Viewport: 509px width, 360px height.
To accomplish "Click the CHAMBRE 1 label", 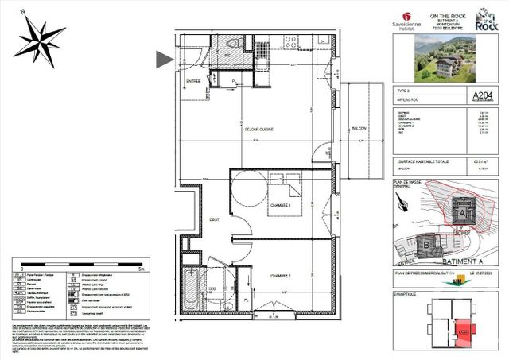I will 280,205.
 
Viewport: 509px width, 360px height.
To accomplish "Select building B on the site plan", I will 428,246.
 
